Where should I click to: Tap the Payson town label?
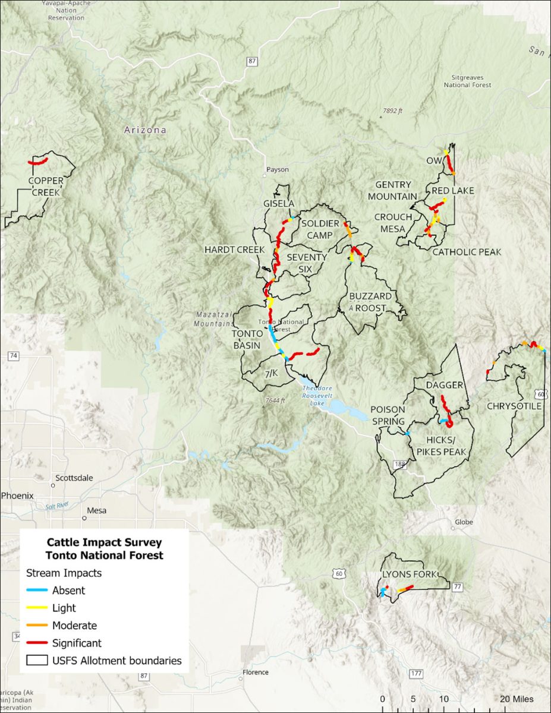pyautogui.click(x=277, y=169)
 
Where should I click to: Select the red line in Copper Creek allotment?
pyautogui.click(x=38, y=162)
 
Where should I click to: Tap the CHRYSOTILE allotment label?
pyautogui.click(x=514, y=406)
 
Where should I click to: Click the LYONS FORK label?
pyautogui.click(x=410, y=575)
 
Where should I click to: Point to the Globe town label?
pyautogui.click(x=464, y=522)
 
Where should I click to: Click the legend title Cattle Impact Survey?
pyautogui.click(x=104, y=542)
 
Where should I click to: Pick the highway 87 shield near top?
pyautogui.click(x=253, y=61)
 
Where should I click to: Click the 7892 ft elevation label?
pyautogui.click(x=392, y=111)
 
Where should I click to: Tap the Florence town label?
pyautogui.click(x=255, y=673)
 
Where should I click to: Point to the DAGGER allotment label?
pyautogui.click(x=444, y=386)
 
